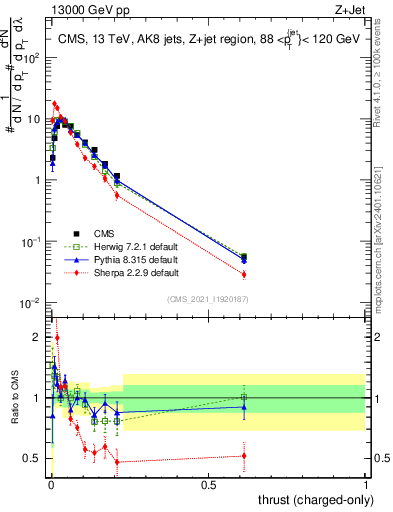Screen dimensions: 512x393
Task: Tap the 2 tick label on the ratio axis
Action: tap(38, 337)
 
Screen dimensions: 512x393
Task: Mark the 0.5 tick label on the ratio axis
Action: tap(34, 459)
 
